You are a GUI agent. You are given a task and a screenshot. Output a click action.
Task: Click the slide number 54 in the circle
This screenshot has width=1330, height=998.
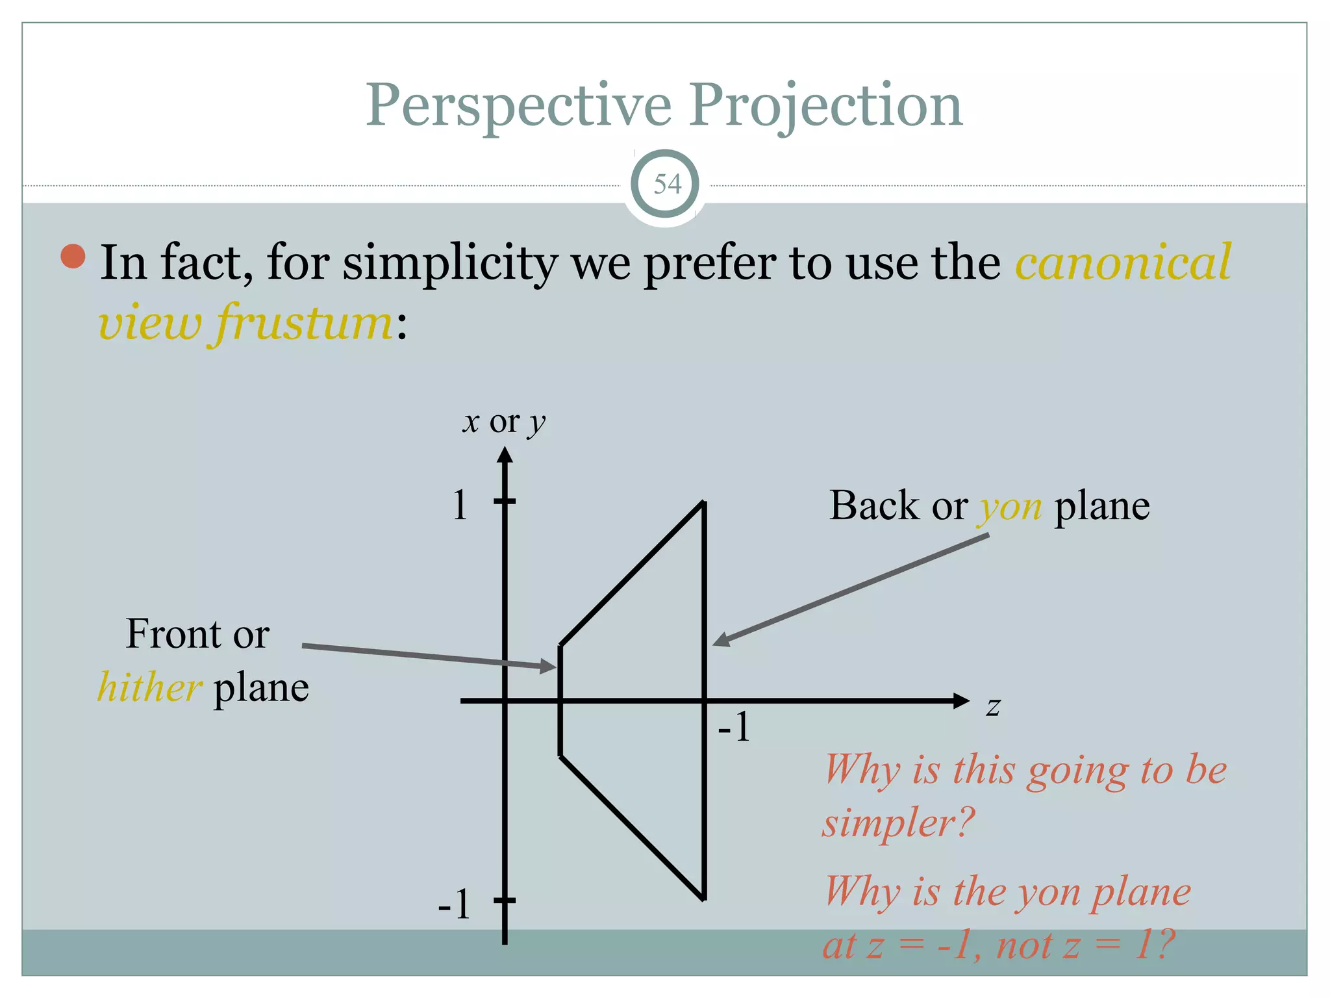pos(667,184)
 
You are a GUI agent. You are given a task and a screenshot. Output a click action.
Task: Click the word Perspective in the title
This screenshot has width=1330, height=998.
pos(518,105)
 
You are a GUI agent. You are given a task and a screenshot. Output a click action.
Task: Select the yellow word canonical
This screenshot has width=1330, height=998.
pos(1123,262)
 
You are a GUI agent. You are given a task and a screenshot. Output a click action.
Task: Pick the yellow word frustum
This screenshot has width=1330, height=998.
pos(303,323)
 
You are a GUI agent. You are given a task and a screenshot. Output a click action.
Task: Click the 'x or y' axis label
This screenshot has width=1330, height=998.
pos(504,422)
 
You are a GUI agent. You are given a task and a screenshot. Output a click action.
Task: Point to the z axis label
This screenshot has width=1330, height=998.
pos(993,706)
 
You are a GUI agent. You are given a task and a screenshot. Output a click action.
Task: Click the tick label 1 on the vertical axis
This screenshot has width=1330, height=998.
pos(460,505)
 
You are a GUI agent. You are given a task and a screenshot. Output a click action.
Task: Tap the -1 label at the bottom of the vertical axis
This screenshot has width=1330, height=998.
pos(454,904)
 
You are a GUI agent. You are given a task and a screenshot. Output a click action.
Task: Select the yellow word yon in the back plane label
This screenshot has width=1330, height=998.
pos(1010,507)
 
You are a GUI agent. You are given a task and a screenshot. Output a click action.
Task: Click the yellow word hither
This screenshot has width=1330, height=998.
pos(149,687)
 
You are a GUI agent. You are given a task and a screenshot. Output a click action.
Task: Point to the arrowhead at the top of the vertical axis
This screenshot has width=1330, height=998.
pos(505,455)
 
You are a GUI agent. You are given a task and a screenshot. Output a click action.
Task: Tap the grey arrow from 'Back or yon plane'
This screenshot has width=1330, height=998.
pos(851,589)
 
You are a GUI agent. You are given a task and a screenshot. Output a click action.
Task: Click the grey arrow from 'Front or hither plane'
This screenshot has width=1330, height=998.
pos(429,656)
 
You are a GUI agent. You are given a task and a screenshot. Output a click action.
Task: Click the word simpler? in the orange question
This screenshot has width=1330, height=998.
pos(899,823)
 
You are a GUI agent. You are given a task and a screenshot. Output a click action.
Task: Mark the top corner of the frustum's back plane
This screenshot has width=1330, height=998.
pos(704,502)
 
